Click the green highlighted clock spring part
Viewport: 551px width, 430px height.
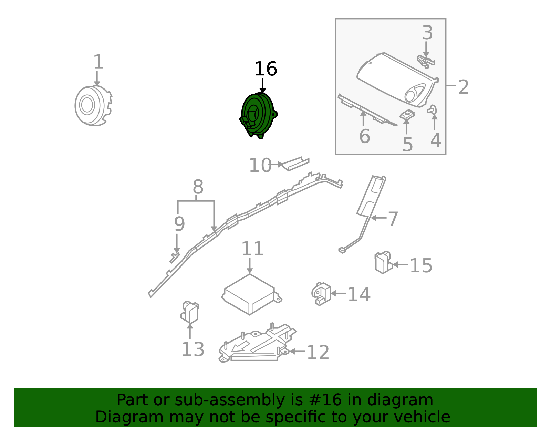click(258, 114)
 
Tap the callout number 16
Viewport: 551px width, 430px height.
click(265, 69)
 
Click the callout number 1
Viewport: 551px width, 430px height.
click(98, 62)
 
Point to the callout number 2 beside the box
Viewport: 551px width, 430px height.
click(463, 87)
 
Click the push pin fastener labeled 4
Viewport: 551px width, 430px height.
click(432, 110)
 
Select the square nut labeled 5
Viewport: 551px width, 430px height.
click(407, 114)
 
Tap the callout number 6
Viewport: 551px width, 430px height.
click(364, 136)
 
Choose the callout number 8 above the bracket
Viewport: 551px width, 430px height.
click(198, 188)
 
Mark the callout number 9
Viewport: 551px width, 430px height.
click(179, 224)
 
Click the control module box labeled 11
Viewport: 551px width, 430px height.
click(251, 294)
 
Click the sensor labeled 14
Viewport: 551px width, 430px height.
click(321, 294)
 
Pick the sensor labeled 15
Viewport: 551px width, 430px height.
click(383, 263)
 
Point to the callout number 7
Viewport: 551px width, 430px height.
click(393, 219)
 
